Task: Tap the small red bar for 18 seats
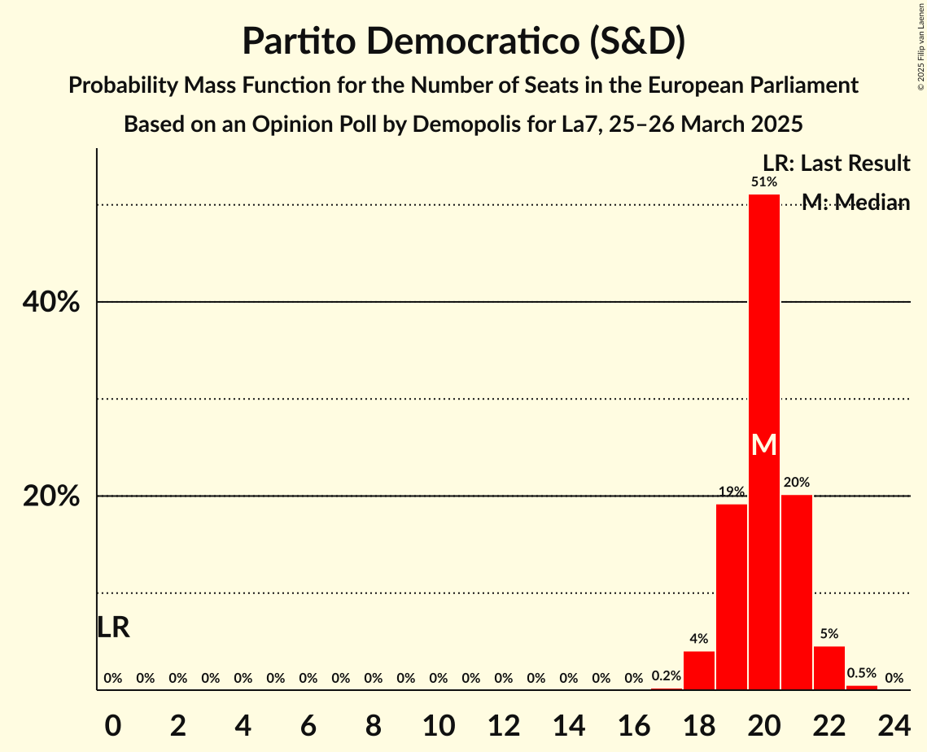pyautogui.click(x=699, y=671)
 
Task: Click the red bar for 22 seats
pyautogui.click(x=829, y=668)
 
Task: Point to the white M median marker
pyautogui.click(x=764, y=444)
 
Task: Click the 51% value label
pyautogui.click(x=764, y=182)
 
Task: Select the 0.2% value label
pyautogui.click(x=667, y=676)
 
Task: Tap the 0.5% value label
pyautogui.click(x=862, y=674)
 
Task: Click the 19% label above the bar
pyautogui.click(x=732, y=492)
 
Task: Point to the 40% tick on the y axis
pyautogui.click(x=50, y=303)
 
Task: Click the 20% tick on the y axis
pyautogui.click(x=50, y=496)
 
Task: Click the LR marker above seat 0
pyautogui.click(x=113, y=627)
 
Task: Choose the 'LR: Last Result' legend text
pyautogui.click(x=836, y=164)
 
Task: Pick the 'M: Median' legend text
pyautogui.click(x=855, y=203)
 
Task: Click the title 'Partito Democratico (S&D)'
pyautogui.click(x=463, y=42)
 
